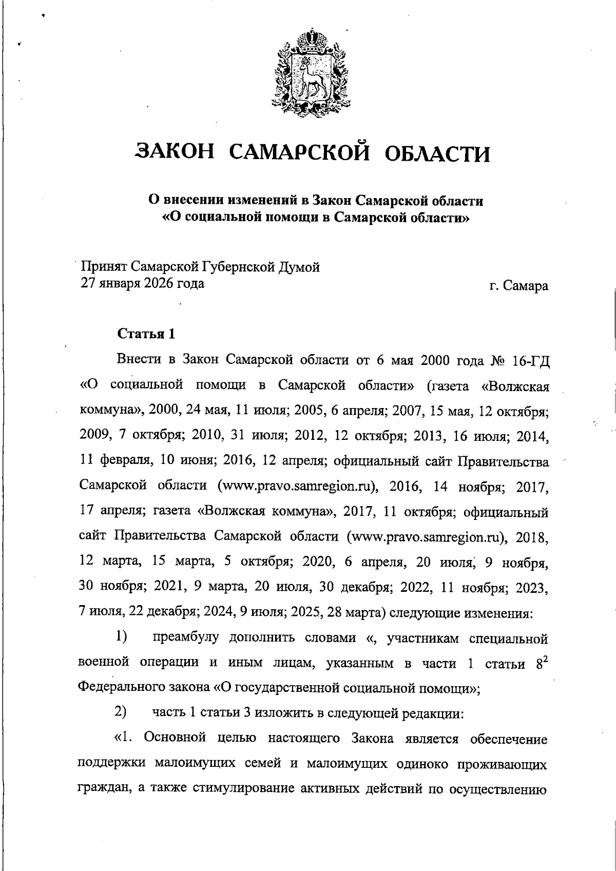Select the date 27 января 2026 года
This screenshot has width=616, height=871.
tap(142, 283)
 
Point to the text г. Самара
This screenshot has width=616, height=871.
tap(518, 286)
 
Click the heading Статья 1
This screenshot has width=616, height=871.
tap(146, 334)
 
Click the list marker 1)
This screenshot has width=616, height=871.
tap(121, 637)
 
